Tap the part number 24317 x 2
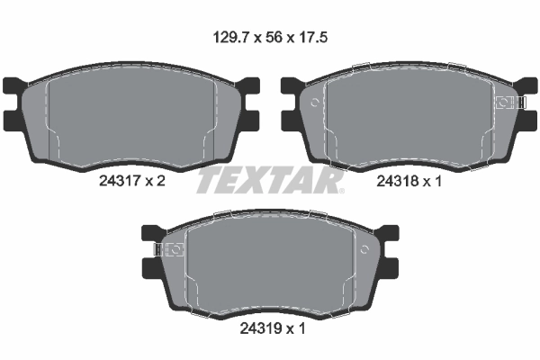(131, 180)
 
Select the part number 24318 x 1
(409, 180)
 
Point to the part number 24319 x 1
(269, 328)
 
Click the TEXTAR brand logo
(270, 179)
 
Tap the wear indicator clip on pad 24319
(168, 249)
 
